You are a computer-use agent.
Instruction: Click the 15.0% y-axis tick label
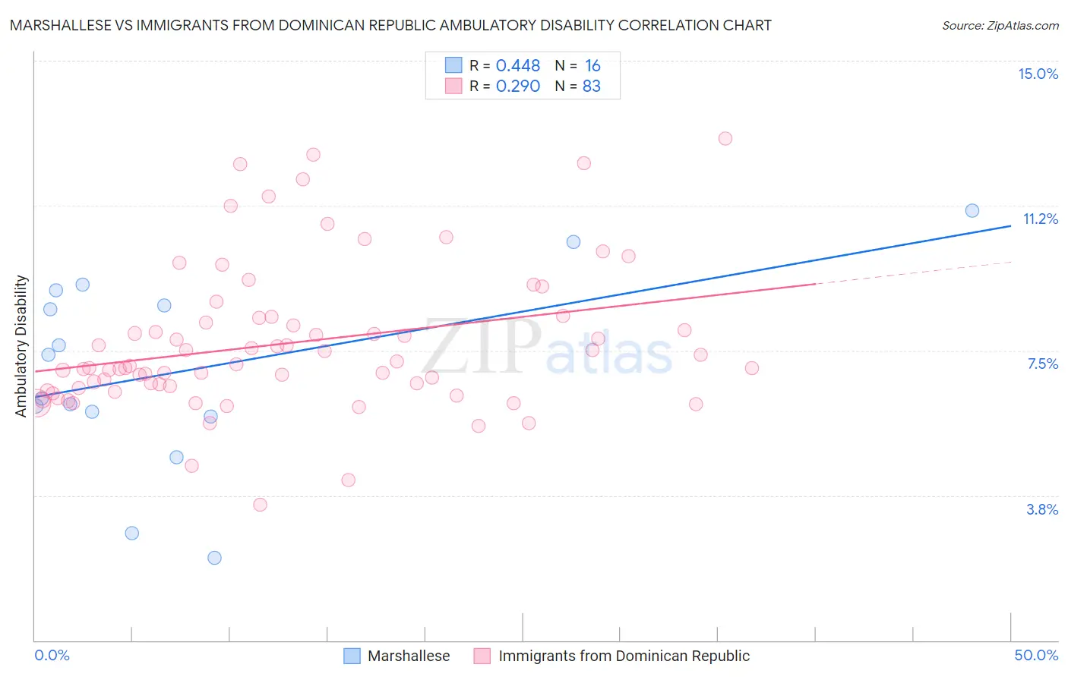(x=1038, y=74)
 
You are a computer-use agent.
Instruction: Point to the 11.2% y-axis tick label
(x=1040, y=219)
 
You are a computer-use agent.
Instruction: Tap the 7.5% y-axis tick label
(x=1042, y=364)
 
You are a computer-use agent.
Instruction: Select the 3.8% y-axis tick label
(x=1042, y=509)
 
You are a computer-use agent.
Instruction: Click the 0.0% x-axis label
(x=52, y=655)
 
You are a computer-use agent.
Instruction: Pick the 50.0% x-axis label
(x=1036, y=655)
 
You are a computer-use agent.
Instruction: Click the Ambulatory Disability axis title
(x=21, y=345)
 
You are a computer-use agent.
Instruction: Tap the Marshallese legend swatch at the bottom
(x=352, y=656)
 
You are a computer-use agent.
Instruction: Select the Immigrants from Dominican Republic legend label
(x=624, y=656)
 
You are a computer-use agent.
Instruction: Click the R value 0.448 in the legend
(x=517, y=66)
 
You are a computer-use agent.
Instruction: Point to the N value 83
(x=591, y=87)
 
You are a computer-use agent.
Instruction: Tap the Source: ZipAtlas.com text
(x=1000, y=25)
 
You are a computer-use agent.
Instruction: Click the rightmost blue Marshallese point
(x=972, y=211)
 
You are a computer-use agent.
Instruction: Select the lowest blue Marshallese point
(x=214, y=558)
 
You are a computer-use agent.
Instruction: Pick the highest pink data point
(x=725, y=138)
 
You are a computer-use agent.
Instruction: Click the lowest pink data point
(x=260, y=505)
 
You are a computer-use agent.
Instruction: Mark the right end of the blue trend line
(x=1010, y=225)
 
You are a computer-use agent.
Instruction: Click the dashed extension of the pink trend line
(x=912, y=272)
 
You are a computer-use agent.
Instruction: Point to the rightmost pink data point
(x=751, y=368)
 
